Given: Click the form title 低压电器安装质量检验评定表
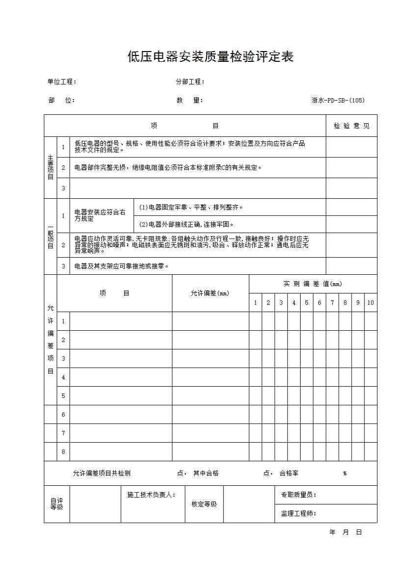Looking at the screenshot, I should [210, 57].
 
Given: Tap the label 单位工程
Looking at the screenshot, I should [62, 82].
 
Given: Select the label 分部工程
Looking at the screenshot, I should [190, 82].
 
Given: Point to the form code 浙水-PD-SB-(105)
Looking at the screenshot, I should [338, 101].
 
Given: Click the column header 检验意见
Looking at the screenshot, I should [352, 126].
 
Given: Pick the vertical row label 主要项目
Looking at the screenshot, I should [51, 167].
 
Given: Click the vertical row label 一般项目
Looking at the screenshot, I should [51, 236].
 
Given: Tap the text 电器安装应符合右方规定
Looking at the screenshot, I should [100, 215].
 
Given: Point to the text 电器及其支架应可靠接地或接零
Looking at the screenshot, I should [122, 266].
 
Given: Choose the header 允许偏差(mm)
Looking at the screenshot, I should [210, 293].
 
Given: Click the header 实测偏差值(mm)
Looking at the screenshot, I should [313, 284].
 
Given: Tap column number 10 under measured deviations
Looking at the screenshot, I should [371, 303].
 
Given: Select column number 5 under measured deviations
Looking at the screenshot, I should [307, 303].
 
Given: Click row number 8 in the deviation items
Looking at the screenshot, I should [63, 452].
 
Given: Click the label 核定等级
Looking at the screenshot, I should [204, 504].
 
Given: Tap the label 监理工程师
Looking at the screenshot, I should [298, 514].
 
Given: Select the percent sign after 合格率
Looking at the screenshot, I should [345, 474].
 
